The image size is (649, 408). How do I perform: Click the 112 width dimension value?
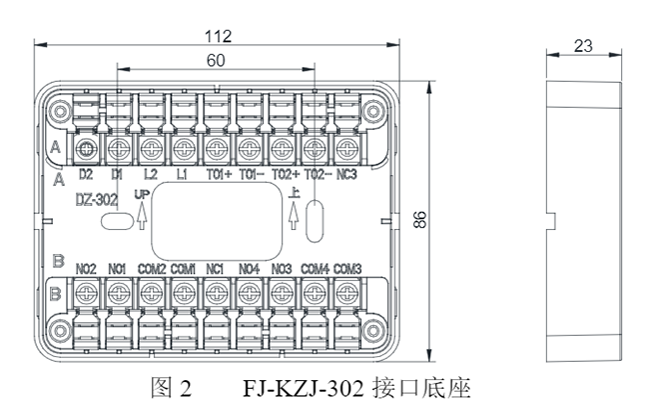(x=218, y=36)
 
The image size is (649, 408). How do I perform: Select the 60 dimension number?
(x=216, y=60)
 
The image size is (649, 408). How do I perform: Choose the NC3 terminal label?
(x=347, y=173)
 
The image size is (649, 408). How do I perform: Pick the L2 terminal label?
(x=150, y=173)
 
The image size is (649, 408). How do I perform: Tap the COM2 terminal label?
(x=151, y=267)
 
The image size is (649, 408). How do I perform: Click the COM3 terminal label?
(x=347, y=267)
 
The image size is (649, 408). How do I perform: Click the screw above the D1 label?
(x=118, y=149)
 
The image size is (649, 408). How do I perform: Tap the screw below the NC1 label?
(x=215, y=292)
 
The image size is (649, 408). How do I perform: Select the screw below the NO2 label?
(x=86, y=292)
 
